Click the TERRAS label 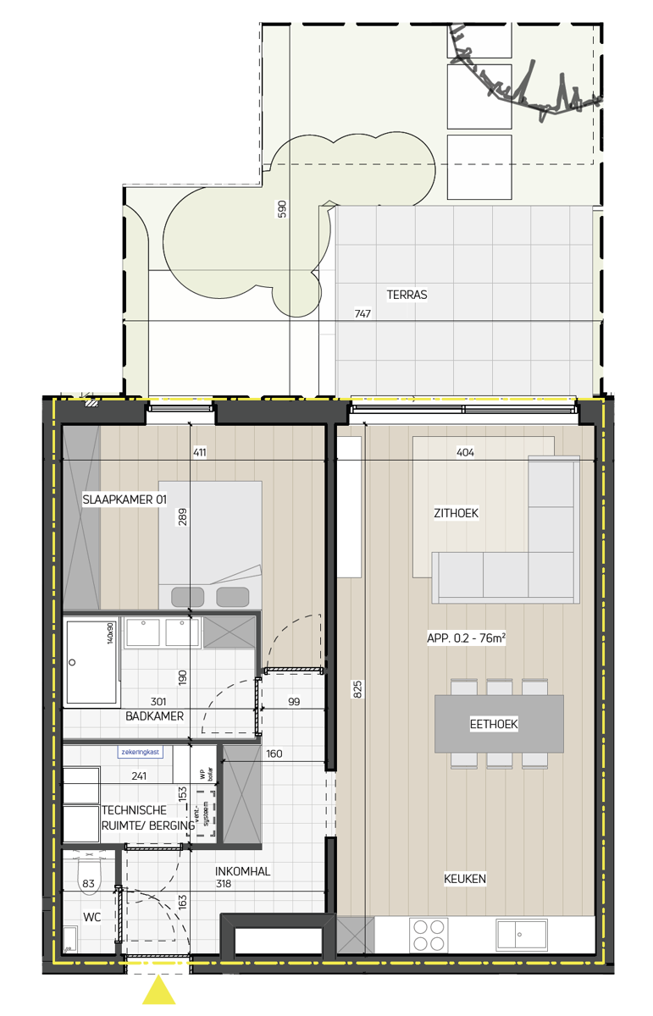407,295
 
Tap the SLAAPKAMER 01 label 124,500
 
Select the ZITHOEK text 455,514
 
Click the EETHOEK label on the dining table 494,724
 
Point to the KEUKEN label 465,879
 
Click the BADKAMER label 154,716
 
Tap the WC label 91,917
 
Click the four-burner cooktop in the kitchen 428,935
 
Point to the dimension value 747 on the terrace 362,314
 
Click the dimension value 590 283,209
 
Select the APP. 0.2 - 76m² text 466,639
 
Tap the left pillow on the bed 187,597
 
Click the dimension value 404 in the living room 465,453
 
